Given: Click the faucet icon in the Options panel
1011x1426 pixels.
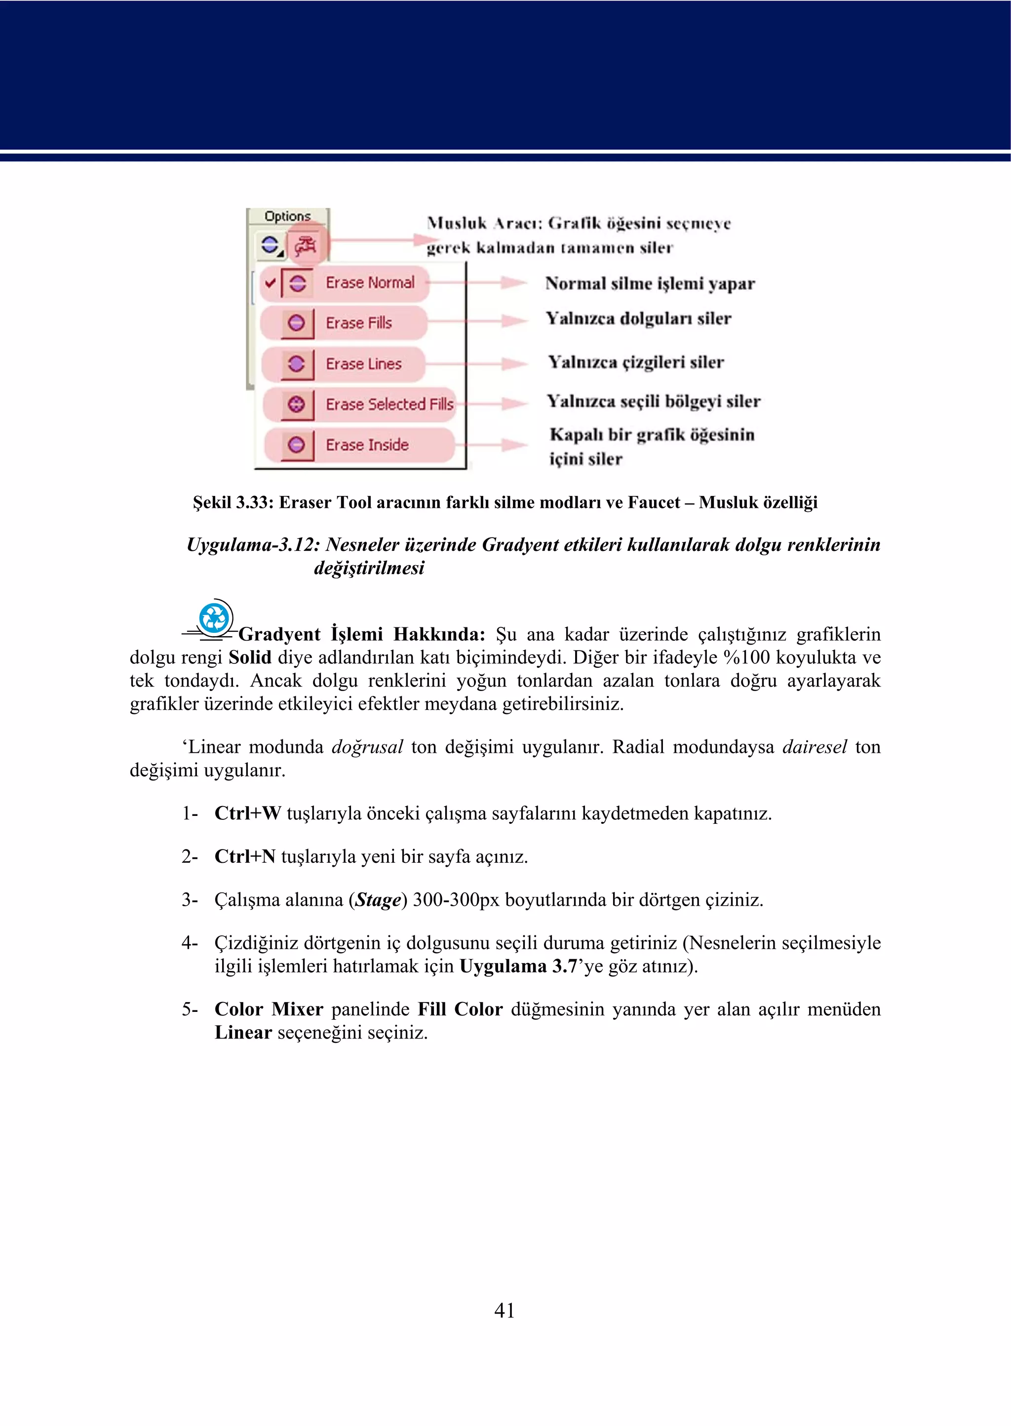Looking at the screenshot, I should coord(306,246).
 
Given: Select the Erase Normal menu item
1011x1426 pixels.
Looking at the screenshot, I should coord(369,283).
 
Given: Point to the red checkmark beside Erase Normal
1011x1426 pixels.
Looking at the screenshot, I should coord(270,283).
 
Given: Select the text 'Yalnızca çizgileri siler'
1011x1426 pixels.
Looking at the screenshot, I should coord(636,362).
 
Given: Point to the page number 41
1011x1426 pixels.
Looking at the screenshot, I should coord(504,1310).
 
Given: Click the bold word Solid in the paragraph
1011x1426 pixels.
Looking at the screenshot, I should coord(250,657).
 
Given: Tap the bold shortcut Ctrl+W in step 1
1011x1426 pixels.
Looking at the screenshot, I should coord(247,813).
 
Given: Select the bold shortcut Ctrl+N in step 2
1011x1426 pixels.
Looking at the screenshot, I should coord(245,856).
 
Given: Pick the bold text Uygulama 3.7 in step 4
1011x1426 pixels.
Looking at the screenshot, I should coord(518,966).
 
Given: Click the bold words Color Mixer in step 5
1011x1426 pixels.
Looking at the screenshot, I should coord(269,1009).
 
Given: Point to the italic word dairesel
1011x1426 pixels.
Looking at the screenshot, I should coord(814,747).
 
